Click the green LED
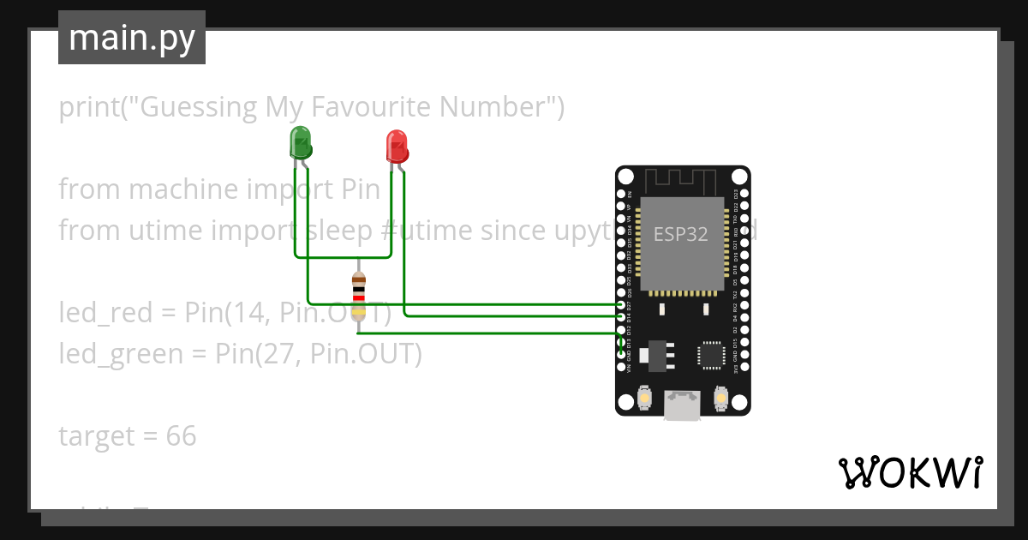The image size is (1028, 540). tap(301, 142)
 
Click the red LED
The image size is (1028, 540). tap(397, 147)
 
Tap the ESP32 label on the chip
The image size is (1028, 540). tap(681, 234)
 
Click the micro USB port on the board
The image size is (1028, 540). tap(682, 405)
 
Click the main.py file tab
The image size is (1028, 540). tap(132, 38)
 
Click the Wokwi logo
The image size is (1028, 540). tap(910, 472)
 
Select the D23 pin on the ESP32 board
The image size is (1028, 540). tap(742, 196)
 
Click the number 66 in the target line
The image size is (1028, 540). tap(182, 436)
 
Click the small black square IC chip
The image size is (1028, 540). tap(710, 355)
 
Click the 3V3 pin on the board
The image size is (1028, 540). tap(742, 367)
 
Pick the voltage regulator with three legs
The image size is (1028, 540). tap(656, 355)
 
